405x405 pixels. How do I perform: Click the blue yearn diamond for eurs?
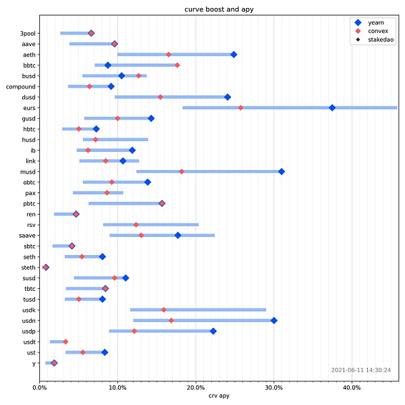click(332, 108)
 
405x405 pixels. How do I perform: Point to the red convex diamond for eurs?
click(241, 108)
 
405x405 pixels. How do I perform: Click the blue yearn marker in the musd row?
click(281, 171)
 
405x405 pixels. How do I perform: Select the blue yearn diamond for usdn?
click(274, 321)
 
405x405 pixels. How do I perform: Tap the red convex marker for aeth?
click(169, 55)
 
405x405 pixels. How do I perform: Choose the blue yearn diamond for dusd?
click(227, 97)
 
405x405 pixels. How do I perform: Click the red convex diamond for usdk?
click(164, 310)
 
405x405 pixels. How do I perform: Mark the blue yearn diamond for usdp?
click(213, 331)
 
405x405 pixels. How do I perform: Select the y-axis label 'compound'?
click(22, 86)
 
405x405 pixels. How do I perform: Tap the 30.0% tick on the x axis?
click(274, 387)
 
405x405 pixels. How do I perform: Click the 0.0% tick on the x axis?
click(39, 387)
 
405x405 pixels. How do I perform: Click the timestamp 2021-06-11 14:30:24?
click(361, 370)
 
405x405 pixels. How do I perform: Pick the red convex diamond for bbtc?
click(178, 65)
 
